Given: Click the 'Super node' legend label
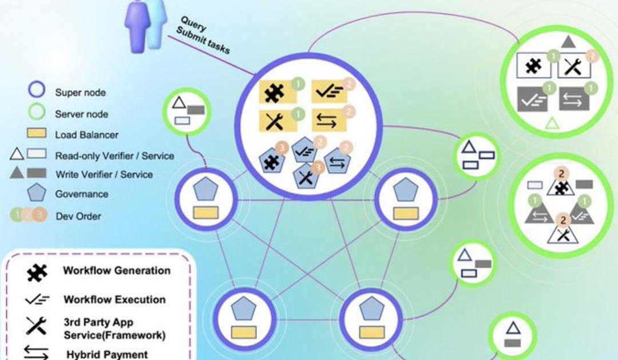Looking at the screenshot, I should [80, 92].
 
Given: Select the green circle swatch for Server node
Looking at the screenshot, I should [36, 113].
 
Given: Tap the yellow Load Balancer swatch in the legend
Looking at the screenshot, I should [36, 135].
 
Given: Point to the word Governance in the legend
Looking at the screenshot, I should [82, 194].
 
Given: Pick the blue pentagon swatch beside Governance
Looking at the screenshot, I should [36, 193].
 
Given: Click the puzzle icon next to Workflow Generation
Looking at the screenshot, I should [37, 272].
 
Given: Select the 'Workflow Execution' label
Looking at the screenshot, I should [114, 299].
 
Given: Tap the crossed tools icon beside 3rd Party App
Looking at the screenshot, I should [37, 326].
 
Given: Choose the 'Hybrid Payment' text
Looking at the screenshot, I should [107, 354].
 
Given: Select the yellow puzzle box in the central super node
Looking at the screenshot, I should [275, 92].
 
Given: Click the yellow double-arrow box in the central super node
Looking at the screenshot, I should [328, 121].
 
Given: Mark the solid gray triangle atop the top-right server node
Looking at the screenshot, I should [568, 41].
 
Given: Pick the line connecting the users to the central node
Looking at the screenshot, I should [212, 56].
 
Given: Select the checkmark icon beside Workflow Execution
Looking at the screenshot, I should [37, 299].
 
